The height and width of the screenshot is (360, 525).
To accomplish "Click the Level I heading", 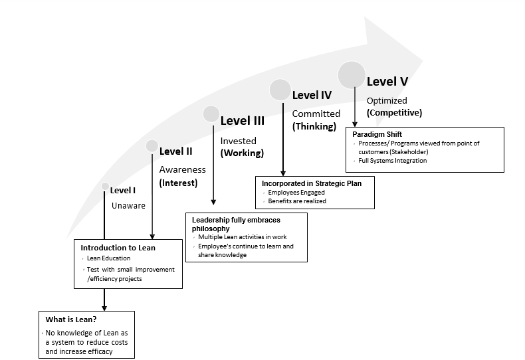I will pyautogui.click(x=123, y=190).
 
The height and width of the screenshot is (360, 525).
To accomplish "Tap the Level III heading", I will pyautogui.click(x=242, y=120).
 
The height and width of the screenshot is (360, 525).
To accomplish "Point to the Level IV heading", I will pyautogui.click(x=312, y=95).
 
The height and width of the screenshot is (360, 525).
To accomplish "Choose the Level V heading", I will pyautogui.click(x=387, y=81).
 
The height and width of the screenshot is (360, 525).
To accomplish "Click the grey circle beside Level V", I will pyautogui.click(x=352, y=74).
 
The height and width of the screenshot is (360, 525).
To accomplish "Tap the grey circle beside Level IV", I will pyautogui.click(x=280, y=90).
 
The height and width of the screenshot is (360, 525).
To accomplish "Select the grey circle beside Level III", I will pyautogui.click(x=211, y=114).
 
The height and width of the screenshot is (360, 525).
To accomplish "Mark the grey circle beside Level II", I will pyautogui.click(x=152, y=145).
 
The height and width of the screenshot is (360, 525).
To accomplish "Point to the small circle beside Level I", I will pyautogui.click(x=104, y=187).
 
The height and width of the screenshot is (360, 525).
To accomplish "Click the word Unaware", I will pyautogui.click(x=128, y=206).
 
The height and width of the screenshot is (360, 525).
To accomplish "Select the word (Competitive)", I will pyautogui.click(x=394, y=112).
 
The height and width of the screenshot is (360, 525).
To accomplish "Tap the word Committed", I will pyautogui.click(x=316, y=114).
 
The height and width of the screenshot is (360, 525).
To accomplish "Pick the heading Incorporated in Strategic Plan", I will pyautogui.click(x=312, y=183).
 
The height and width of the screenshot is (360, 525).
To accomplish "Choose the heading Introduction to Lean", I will pyautogui.click(x=118, y=248).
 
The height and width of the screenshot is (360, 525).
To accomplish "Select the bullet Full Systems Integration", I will pyautogui.click(x=392, y=161).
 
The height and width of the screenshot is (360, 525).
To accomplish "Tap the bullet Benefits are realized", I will pyautogui.click(x=297, y=201).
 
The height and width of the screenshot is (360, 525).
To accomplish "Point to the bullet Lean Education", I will pyautogui.click(x=109, y=258).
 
